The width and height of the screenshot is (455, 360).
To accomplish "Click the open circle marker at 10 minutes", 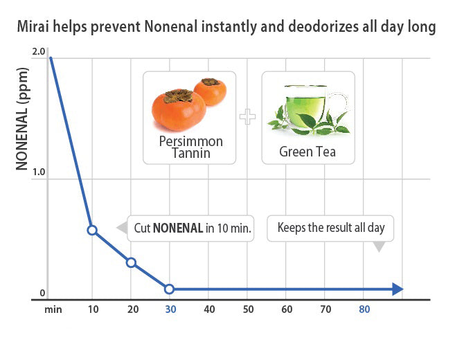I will (x=92, y=230).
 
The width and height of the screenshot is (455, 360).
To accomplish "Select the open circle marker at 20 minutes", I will (x=131, y=262).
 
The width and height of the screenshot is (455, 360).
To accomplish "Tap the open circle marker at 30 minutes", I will (x=170, y=289).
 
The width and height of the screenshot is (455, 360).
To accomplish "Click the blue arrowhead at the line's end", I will (x=397, y=289).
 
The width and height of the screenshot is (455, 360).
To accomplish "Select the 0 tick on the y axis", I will (x=41, y=293).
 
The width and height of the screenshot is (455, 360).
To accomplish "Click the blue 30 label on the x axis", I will (x=170, y=309).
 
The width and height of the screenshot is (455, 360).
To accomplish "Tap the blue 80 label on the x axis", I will (x=364, y=309).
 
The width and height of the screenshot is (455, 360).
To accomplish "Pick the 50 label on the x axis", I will (x=248, y=309).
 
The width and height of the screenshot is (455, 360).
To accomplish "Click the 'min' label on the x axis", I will (x=54, y=309).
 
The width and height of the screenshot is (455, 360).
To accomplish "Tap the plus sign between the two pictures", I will (x=247, y=117).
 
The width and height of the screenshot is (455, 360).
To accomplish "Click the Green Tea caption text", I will (x=307, y=150).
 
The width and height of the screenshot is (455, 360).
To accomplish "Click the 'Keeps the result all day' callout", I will (x=330, y=227).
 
